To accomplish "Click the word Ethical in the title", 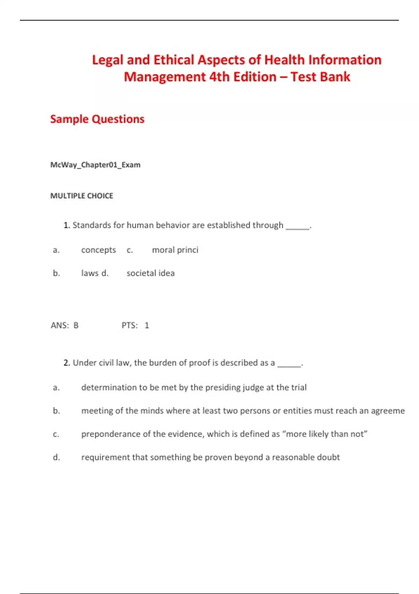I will [x=174, y=60].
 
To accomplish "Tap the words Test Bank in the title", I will [x=320, y=77].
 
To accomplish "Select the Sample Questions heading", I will [x=97, y=119].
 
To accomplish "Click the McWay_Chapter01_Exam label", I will [x=95, y=165].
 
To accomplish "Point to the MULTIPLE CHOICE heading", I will [x=82, y=196].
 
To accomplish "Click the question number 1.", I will [x=66, y=225].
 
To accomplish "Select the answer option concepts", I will [x=98, y=250].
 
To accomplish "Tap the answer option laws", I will [x=90, y=273].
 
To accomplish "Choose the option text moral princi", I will [x=175, y=250].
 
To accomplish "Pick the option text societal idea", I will [x=150, y=273].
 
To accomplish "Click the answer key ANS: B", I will [x=65, y=325].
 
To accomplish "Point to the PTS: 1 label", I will [x=135, y=325].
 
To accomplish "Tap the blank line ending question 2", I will [x=289, y=365].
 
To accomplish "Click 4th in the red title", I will [x=219, y=77].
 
